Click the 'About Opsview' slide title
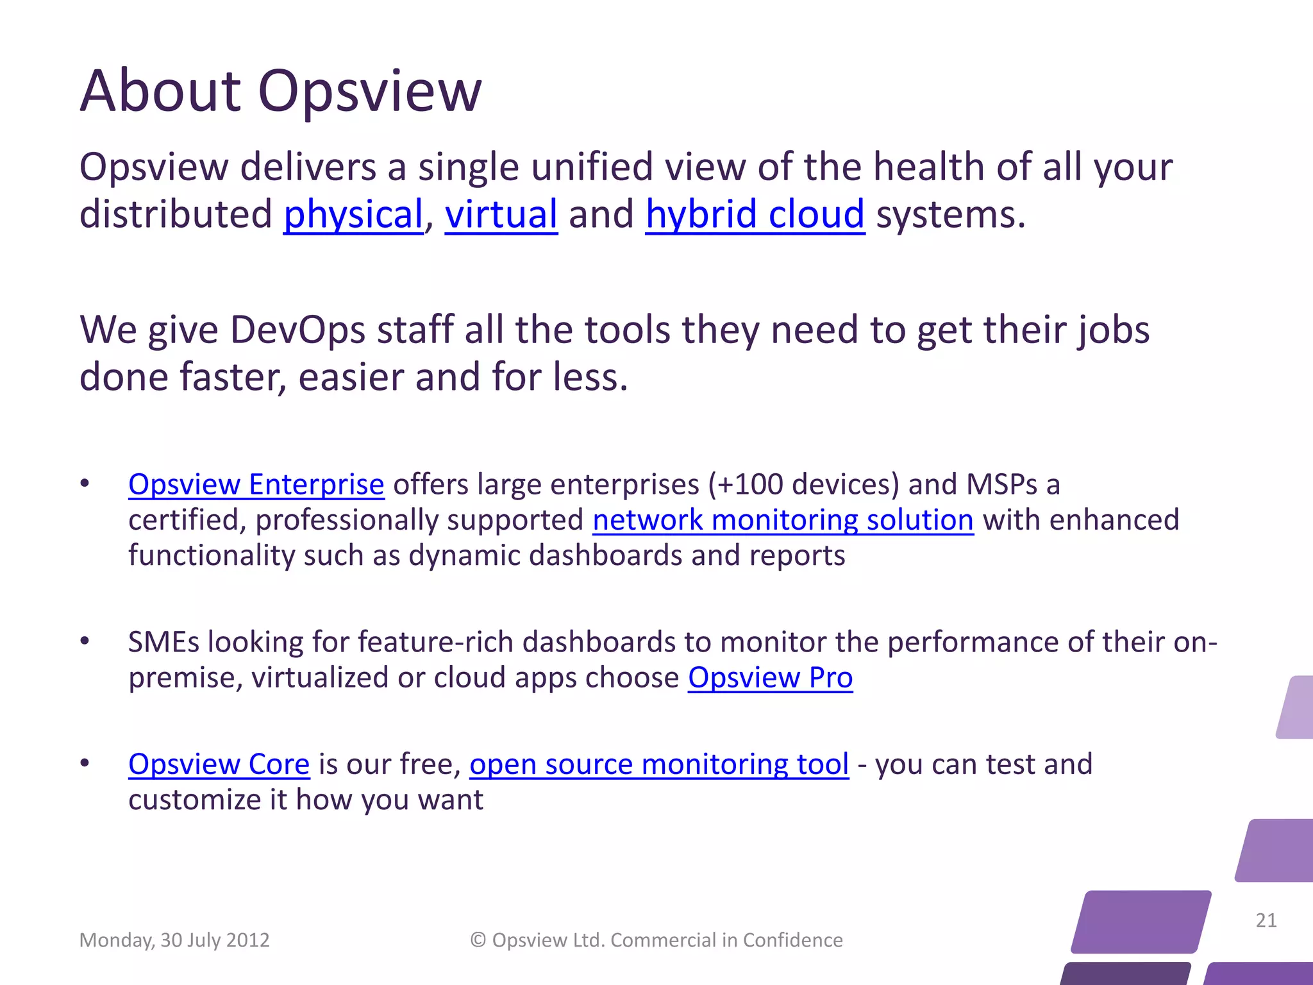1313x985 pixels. [x=280, y=91]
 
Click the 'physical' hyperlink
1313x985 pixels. [x=353, y=214]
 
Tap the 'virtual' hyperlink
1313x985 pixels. [x=501, y=214]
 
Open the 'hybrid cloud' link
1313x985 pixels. [x=755, y=214]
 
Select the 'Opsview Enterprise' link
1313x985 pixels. [x=256, y=484]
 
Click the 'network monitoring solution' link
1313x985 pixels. [x=783, y=520]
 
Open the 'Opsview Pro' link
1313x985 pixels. [x=770, y=678]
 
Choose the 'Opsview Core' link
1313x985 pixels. [x=219, y=764]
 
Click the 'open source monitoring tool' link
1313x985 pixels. [x=659, y=764]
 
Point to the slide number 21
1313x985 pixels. [x=1266, y=920]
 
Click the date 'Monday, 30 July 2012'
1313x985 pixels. [x=174, y=940]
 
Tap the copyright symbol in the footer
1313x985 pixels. [x=478, y=940]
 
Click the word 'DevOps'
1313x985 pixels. [x=297, y=330]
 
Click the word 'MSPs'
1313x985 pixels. [x=1001, y=484]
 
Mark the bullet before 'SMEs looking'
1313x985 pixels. [x=85, y=641]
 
